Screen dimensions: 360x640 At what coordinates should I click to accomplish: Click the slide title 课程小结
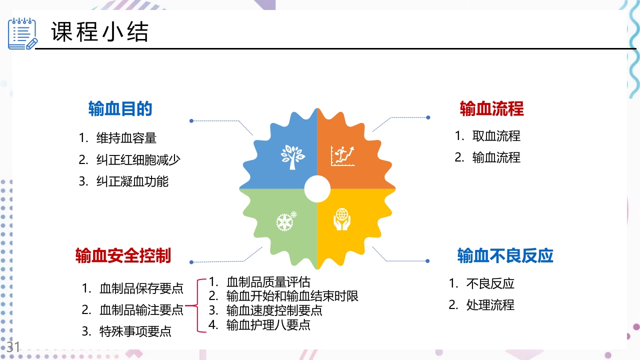tap(100, 33)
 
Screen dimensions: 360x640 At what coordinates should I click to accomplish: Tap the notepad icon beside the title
tap(22, 33)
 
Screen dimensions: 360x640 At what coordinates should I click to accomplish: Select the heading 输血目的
tap(120, 108)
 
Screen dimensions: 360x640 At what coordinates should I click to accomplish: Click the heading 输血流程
tap(491, 108)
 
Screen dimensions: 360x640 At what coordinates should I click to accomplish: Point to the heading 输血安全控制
tap(123, 255)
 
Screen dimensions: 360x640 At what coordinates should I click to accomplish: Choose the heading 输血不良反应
tap(505, 255)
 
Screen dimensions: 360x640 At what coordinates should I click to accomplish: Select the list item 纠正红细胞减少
tap(138, 159)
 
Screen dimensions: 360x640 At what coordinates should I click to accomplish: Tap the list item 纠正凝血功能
tap(132, 181)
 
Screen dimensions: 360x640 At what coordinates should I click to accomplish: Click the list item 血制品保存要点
tap(141, 288)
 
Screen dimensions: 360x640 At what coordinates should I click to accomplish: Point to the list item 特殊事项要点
tap(135, 331)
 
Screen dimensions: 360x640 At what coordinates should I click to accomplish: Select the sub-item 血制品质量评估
tap(268, 281)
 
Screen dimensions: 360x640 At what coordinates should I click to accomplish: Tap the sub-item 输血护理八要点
tap(268, 325)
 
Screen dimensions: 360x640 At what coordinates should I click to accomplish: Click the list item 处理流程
tap(490, 305)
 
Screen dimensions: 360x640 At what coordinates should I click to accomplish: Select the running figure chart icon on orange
tap(342, 156)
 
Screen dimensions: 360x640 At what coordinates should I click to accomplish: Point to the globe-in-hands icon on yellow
tap(342, 219)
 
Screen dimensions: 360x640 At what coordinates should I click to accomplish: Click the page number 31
tap(13, 346)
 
